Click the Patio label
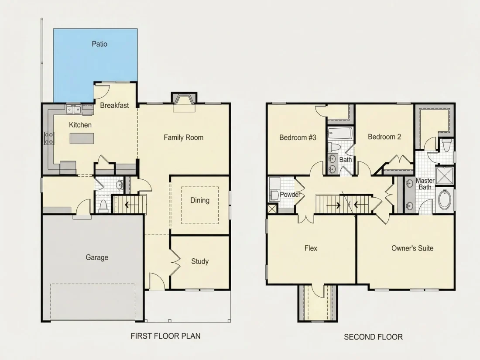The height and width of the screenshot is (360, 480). pyautogui.click(x=99, y=44)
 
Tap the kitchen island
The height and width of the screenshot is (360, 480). pyautogui.click(x=82, y=138)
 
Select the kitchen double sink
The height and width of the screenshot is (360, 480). pyautogui.click(x=73, y=109)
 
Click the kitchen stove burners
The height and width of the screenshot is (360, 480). pyautogui.click(x=49, y=138)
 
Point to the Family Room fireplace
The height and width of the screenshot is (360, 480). pyautogui.click(x=184, y=102)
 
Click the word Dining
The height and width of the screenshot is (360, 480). pyautogui.click(x=200, y=200)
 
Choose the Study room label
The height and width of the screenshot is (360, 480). pyautogui.click(x=200, y=261)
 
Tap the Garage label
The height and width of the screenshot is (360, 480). pyautogui.click(x=97, y=257)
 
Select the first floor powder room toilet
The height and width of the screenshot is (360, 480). pyautogui.click(x=103, y=207)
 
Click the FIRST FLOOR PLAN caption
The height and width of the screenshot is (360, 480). pyautogui.click(x=166, y=336)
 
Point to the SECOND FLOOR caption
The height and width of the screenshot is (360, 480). pyautogui.click(x=373, y=337)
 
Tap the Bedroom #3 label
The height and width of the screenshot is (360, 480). pyautogui.click(x=298, y=137)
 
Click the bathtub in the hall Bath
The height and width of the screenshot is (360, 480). pyautogui.click(x=340, y=134)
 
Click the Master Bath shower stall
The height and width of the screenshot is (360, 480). pyautogui.click(x=445, y=176)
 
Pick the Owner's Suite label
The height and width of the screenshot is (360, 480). pyautogui.click(x=412, y=248)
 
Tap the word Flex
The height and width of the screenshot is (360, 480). pyautogui.click(x=311, y=248)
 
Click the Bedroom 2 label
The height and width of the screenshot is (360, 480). pyautogui.click(x=384, y=137)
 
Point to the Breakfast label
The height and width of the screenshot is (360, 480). pyautogui.click(x=114, y=105)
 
